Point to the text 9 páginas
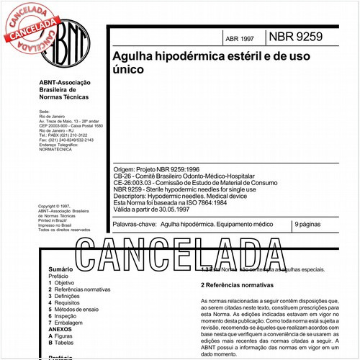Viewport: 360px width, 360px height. click(309, 226)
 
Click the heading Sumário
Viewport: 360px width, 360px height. click(63, 269)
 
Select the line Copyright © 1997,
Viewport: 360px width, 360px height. click(58, 206)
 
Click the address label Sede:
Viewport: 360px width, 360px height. click(44, 113)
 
